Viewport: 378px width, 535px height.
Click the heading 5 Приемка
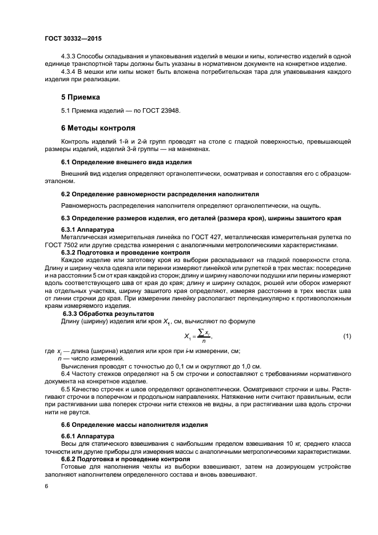click(x=81, y=97)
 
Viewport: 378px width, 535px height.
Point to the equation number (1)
click(x=346, y=336)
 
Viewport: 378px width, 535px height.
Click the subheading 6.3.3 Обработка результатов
click(x=108, y=314)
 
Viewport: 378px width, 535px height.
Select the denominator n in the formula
click(x=201, y=341)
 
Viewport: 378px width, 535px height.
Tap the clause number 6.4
click(x=67, y=374)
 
